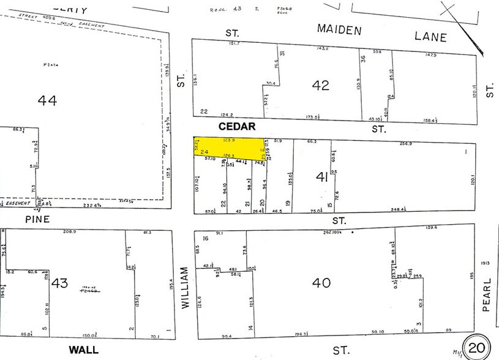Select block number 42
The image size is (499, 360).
click(320, 86)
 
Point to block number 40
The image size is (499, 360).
click(321, 282)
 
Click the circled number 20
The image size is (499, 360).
click(476, 348)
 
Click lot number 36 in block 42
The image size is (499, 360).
click(363, 59)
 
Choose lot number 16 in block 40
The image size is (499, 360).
click(205, 238)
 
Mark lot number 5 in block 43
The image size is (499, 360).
click(44, 329)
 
